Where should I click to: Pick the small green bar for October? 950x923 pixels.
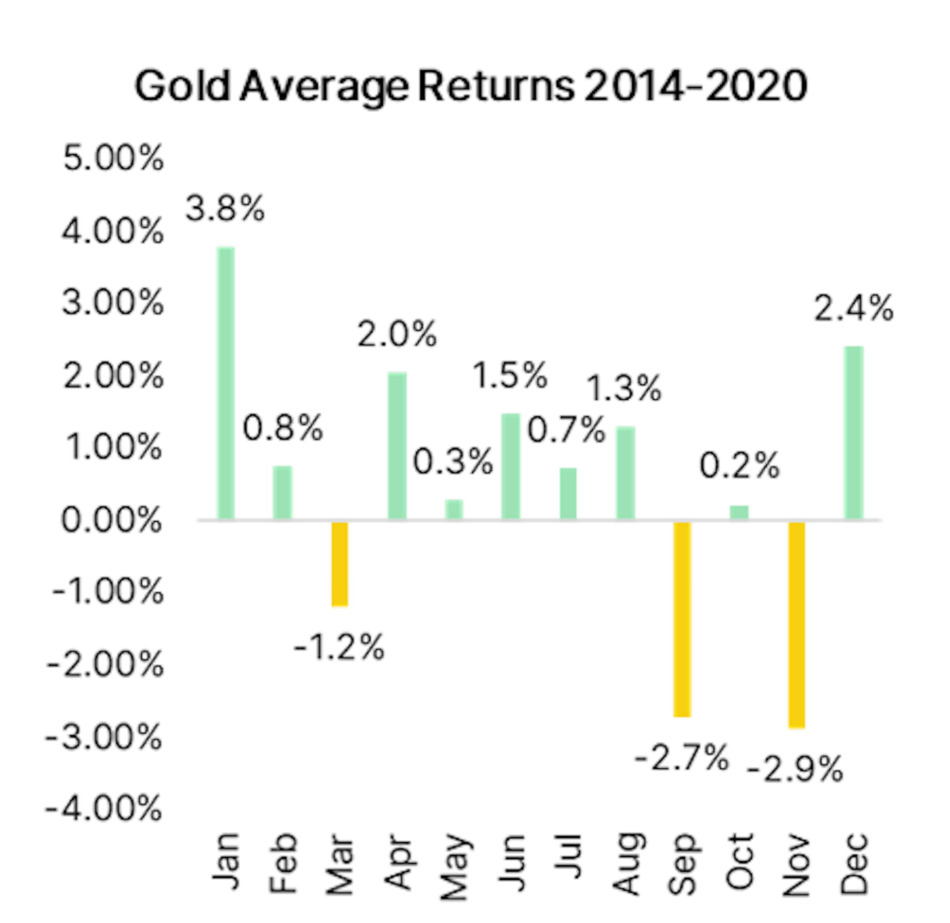(739, 512)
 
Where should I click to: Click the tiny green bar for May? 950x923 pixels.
(454, 510)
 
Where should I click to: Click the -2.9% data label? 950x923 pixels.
(795, 769)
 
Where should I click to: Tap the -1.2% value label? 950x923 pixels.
(339, 647)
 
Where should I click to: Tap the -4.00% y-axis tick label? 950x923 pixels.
(103, 808)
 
